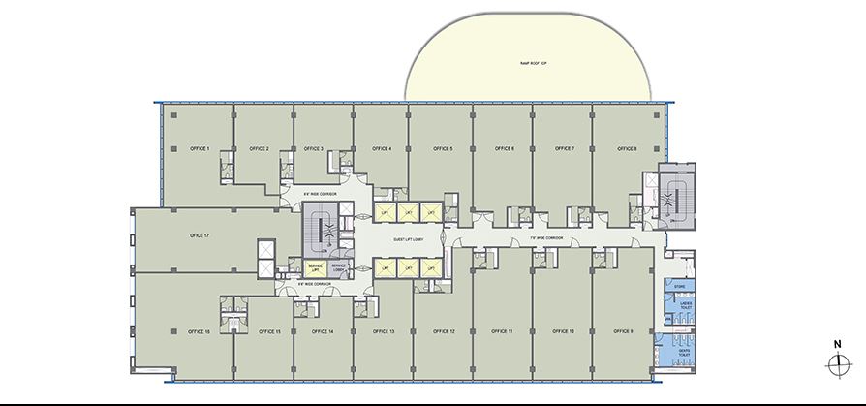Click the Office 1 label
pos(201,148)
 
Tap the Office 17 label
pos(201,235)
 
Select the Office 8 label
pos(627,148)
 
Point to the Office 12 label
pos(446,331)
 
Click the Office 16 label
pos(201,331)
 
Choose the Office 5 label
pos(443,148)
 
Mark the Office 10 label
pos(564,331)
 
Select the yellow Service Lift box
pos(316,266)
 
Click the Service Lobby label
pos(340,266)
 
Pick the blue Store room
pos(680,286)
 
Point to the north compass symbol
pos(835,365)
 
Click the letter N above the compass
pos(835,344)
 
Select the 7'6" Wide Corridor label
pos(547,237)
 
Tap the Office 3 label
pos(313,148)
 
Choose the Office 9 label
pos(625,331)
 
